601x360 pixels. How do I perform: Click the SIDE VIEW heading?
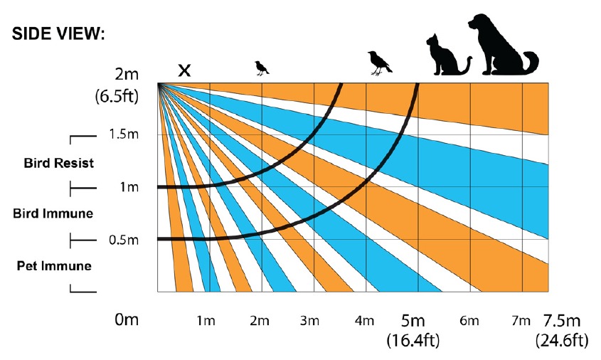tap(58, 35)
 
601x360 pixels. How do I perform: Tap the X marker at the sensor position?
tap(184, 70)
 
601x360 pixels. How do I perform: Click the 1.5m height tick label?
tap(123, 134)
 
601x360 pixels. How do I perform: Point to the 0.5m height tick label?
tap(123, 240)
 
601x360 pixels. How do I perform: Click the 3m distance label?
tap(309, 321)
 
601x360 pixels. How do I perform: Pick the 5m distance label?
tap(413, 320)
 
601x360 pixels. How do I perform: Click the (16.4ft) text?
tap(413, 340)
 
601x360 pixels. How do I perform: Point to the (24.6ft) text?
tap(562, 340)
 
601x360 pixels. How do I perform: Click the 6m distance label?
tap(469, 321)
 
